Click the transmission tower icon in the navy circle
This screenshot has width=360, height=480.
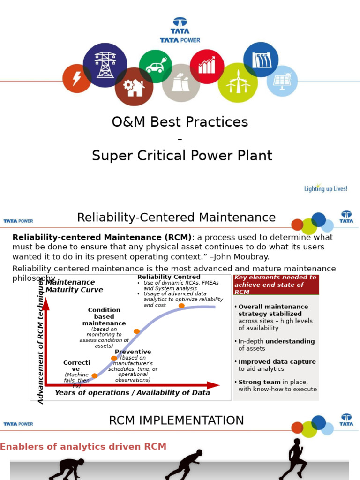(105, 65)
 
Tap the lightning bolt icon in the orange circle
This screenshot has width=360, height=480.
(77, 78)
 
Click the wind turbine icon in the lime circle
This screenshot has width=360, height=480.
(238, 82)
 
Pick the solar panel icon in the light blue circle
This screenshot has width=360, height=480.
(282, 81)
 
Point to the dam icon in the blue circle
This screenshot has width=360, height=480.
(261, 60)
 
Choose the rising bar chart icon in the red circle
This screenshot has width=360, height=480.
(207, 66)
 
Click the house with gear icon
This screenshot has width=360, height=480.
(134, 87)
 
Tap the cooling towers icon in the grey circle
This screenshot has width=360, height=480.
(181, 83)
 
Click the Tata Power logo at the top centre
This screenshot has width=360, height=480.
(180, 30)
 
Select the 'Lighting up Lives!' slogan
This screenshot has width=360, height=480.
(326, 188)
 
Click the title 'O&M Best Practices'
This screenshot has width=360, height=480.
(180, 122)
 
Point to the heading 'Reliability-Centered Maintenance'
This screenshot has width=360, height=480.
(176, 217)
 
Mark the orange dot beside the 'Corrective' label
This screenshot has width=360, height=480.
(95, 376)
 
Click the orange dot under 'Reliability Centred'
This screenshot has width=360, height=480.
(181, 306)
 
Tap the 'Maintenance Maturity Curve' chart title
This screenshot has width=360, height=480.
(74, 286)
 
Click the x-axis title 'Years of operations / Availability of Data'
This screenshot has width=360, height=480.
(132, 393)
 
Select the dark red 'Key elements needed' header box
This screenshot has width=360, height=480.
(276, 285)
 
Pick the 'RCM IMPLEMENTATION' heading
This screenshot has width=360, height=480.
(176, 420)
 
